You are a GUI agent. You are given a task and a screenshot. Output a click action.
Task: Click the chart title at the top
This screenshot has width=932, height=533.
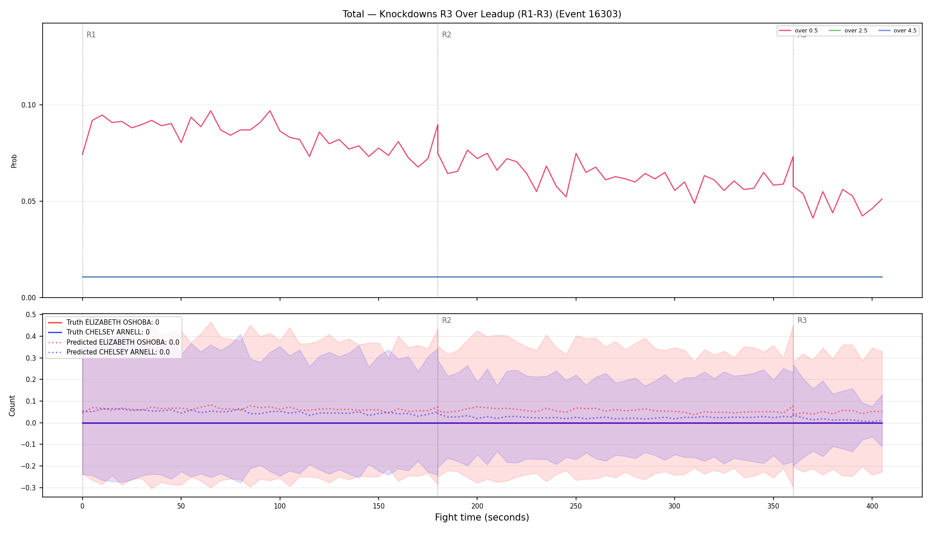(482, 14)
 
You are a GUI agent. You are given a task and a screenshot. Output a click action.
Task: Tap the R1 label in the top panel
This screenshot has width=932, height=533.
(91, 35)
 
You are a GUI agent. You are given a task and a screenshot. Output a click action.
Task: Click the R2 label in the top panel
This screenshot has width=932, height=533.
(446, 35)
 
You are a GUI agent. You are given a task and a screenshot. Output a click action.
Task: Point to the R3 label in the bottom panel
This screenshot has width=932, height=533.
(802, 320)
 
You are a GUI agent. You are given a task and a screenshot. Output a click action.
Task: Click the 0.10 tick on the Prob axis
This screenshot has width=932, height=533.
(29, 105)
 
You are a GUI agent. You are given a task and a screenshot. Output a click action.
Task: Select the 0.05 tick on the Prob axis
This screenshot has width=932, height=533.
(29, 201)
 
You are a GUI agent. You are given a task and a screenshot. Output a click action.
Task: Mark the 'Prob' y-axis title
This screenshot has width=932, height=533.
(14, 161)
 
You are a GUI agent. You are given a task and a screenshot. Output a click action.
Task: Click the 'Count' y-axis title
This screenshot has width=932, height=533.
(12, 406)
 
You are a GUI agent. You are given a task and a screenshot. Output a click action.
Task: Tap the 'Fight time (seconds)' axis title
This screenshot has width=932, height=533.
(482, 517)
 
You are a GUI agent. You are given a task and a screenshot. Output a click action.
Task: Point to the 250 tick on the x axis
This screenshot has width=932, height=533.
(576, 506)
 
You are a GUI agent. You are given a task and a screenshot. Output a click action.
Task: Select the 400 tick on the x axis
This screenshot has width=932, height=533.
(872, 506)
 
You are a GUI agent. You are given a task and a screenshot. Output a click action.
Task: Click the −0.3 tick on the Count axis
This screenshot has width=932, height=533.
(28, 488)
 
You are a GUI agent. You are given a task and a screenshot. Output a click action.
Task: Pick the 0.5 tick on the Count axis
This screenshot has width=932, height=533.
(31, 315)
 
